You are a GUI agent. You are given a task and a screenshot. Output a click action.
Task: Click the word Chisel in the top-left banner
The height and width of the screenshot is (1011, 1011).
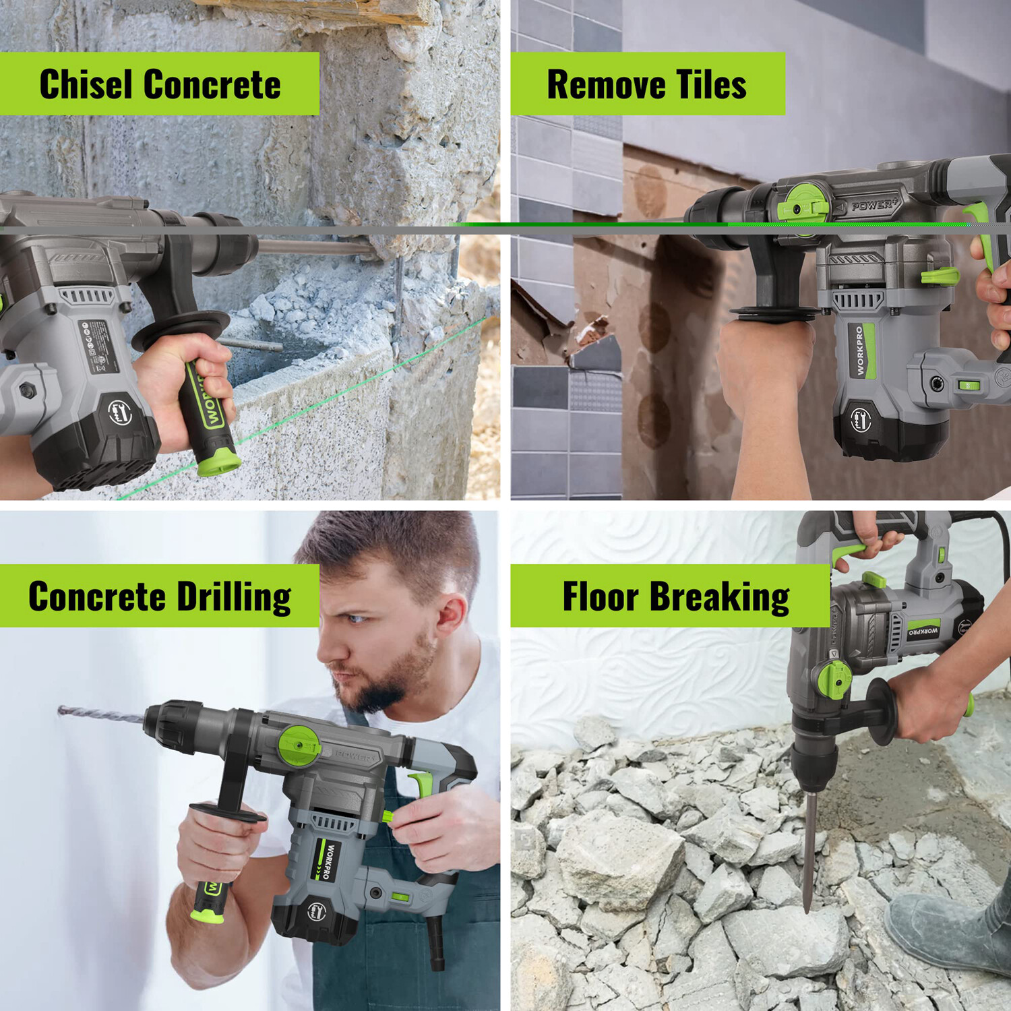point(86,85)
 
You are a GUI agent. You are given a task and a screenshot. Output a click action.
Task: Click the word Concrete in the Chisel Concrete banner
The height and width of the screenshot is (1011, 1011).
point(212,85)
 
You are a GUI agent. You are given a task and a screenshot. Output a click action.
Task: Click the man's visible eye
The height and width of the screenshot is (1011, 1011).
point(355,618)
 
